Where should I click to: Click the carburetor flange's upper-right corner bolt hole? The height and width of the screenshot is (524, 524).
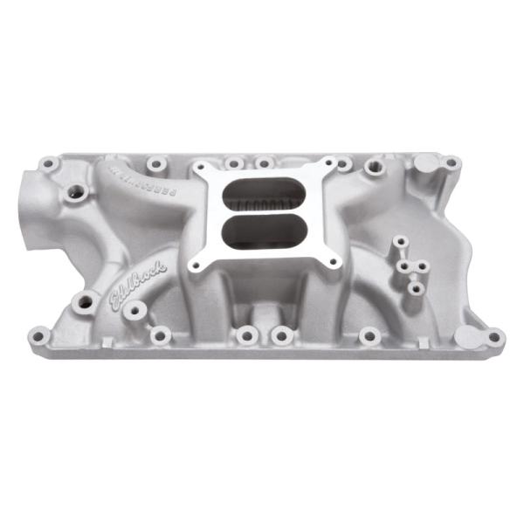point(329,164)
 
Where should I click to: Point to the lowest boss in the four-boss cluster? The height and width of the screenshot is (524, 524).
point(416,286)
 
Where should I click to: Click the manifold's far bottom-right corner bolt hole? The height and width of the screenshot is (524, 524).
point(494,335)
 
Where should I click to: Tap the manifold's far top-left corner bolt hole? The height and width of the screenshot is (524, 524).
point(50,162)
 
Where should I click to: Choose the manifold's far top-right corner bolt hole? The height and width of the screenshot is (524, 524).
point(452,162)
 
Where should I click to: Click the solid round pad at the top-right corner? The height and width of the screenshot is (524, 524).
point(425,162)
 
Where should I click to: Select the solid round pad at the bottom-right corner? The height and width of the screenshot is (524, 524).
point(468,335)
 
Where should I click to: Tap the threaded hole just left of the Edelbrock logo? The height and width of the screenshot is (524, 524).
point(86,302)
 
